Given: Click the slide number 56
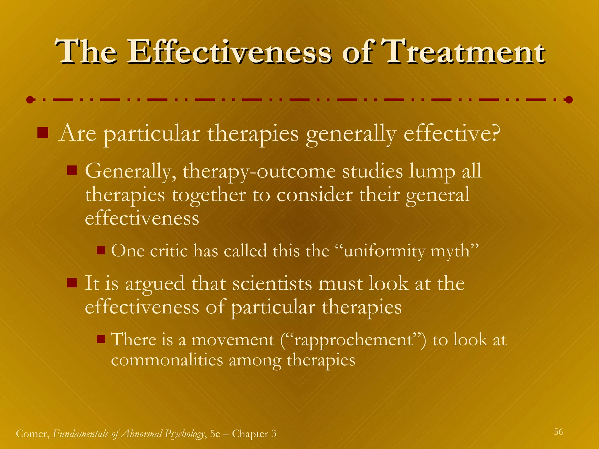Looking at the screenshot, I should pos(558,432).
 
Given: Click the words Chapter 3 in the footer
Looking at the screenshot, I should pos(254,434).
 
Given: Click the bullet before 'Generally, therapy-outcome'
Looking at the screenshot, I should pos(72,170).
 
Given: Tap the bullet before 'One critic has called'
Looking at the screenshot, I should pos(101,250).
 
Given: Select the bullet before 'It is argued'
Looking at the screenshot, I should pos(72,283).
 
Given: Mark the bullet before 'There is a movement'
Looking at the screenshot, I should pos(101,339).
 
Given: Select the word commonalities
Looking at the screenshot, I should pos(167,360).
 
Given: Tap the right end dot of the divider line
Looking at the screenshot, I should pos(569,100).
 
